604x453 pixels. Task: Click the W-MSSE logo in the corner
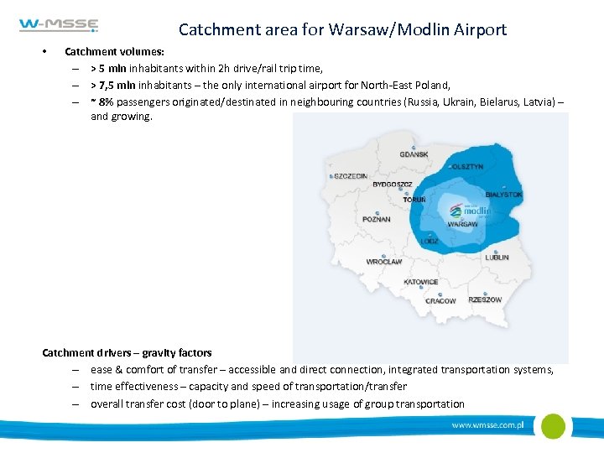pyautogui.click(x=59, y=26)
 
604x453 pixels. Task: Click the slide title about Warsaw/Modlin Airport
pyautogui.click(x=342, y=29)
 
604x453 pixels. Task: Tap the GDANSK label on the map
pyautogui.click(x=414, y=154)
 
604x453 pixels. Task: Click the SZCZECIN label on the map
pyautogui.click(x=351, y=176)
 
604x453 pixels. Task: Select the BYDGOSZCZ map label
pyautogui.click(x=393, y=185)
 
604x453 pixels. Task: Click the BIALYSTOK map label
pyautogui.click(x=503, y=195)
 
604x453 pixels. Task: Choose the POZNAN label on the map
pyautogui.click(x=377, y=219)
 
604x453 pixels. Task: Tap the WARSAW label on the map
pyautogui.click(x=462, y=224)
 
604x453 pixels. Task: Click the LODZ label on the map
pyautogui.click(x=430, y=241)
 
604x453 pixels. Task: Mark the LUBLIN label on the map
pyautogui.click(x=497, y=258)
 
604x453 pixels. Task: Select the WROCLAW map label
pyautogui.click(x=384, y=262)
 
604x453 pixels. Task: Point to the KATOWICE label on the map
pyautogui.click(x=420, y=282)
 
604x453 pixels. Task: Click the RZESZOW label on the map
pyautogui.click(x=485, y=299)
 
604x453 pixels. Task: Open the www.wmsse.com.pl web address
pyautogui.click(x=487, y=425)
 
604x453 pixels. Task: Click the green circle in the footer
pyautogui.click(x=553, y=426)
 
